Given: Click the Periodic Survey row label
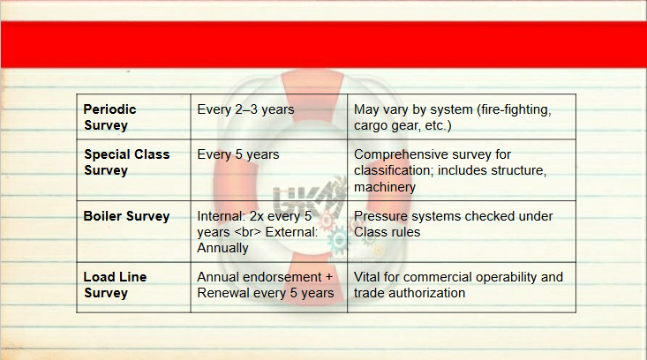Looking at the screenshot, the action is tap(109, 117).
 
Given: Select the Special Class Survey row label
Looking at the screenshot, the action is tap(127, 162).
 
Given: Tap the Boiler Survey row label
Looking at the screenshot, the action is tap(127, 216).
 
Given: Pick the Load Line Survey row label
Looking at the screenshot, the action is tap(115, 284).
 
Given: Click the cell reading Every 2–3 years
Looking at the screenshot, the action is tap(245, 109).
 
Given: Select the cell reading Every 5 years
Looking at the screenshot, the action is tap(238, 154).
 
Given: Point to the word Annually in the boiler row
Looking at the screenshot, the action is tap(222, 248).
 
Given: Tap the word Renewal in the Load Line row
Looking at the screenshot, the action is tap(222, 293).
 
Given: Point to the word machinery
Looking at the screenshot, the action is tap(385, 187).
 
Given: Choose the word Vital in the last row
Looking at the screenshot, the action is tap(367, 277).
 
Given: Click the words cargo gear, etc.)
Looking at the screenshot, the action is tap(402, 126).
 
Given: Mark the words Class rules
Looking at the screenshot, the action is tap(387, 232).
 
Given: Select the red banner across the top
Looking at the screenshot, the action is tap(323, 44).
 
